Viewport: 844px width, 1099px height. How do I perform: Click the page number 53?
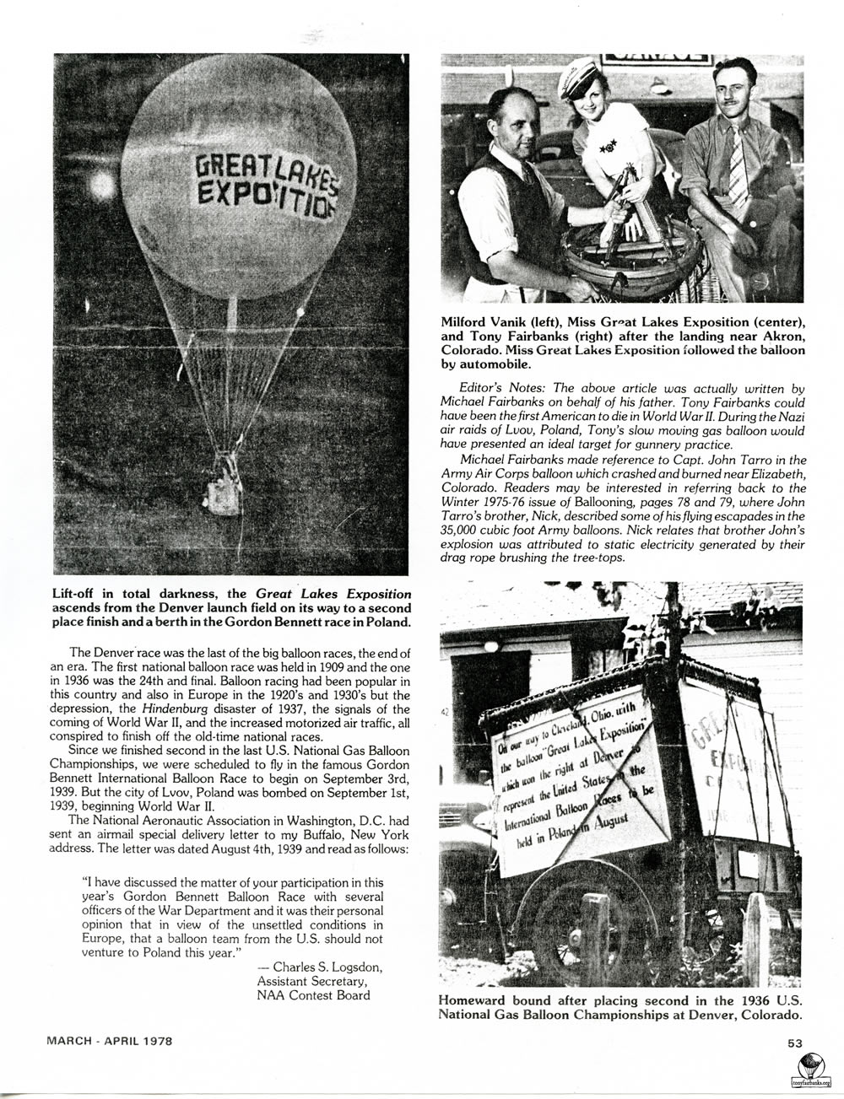click(x=795, y=1042)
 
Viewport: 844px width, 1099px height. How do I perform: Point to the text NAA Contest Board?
click(x=313, y=995)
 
